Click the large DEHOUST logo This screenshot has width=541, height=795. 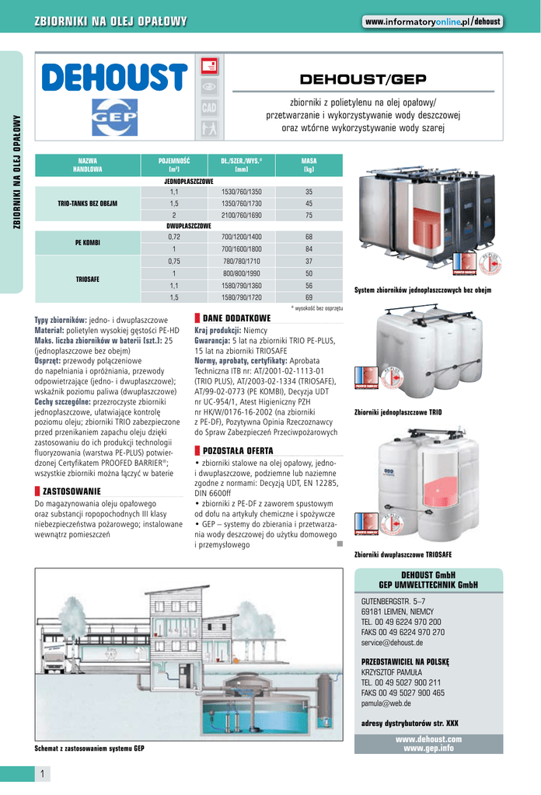(x=114, y=77)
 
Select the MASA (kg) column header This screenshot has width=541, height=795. (x=309, y=164)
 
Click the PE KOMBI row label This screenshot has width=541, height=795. (x=87, y=242)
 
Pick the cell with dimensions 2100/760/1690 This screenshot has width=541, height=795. (x=241, y=215)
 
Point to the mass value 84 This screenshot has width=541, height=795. (x=309, y=248)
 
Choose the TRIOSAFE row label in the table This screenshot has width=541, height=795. (x=87, y=279)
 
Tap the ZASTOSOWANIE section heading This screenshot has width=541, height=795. (x=71, y=491)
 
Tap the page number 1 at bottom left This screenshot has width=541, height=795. (x=41, y=773)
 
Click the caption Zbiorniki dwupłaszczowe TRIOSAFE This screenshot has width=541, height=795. (x=402, y=555)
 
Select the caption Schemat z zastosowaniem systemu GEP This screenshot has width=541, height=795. (x=89, y=749)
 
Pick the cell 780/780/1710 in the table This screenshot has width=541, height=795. (x=241, y=261)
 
